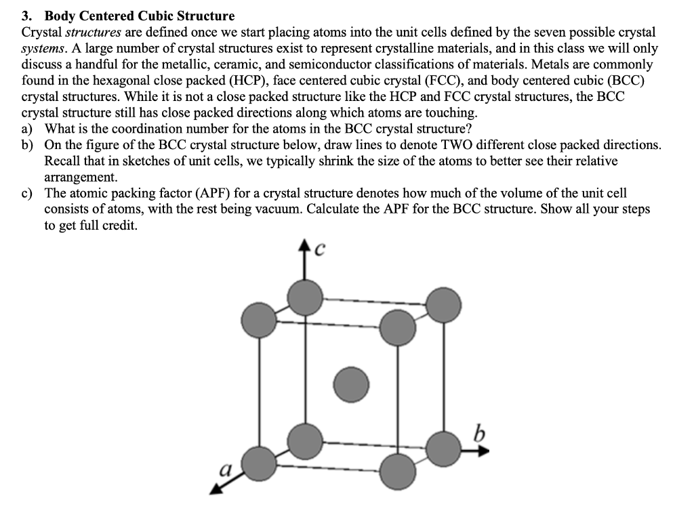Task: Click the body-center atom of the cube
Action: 351,384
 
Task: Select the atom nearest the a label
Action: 259,463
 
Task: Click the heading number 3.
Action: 27,16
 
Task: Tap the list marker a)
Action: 28,129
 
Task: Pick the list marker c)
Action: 28,194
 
